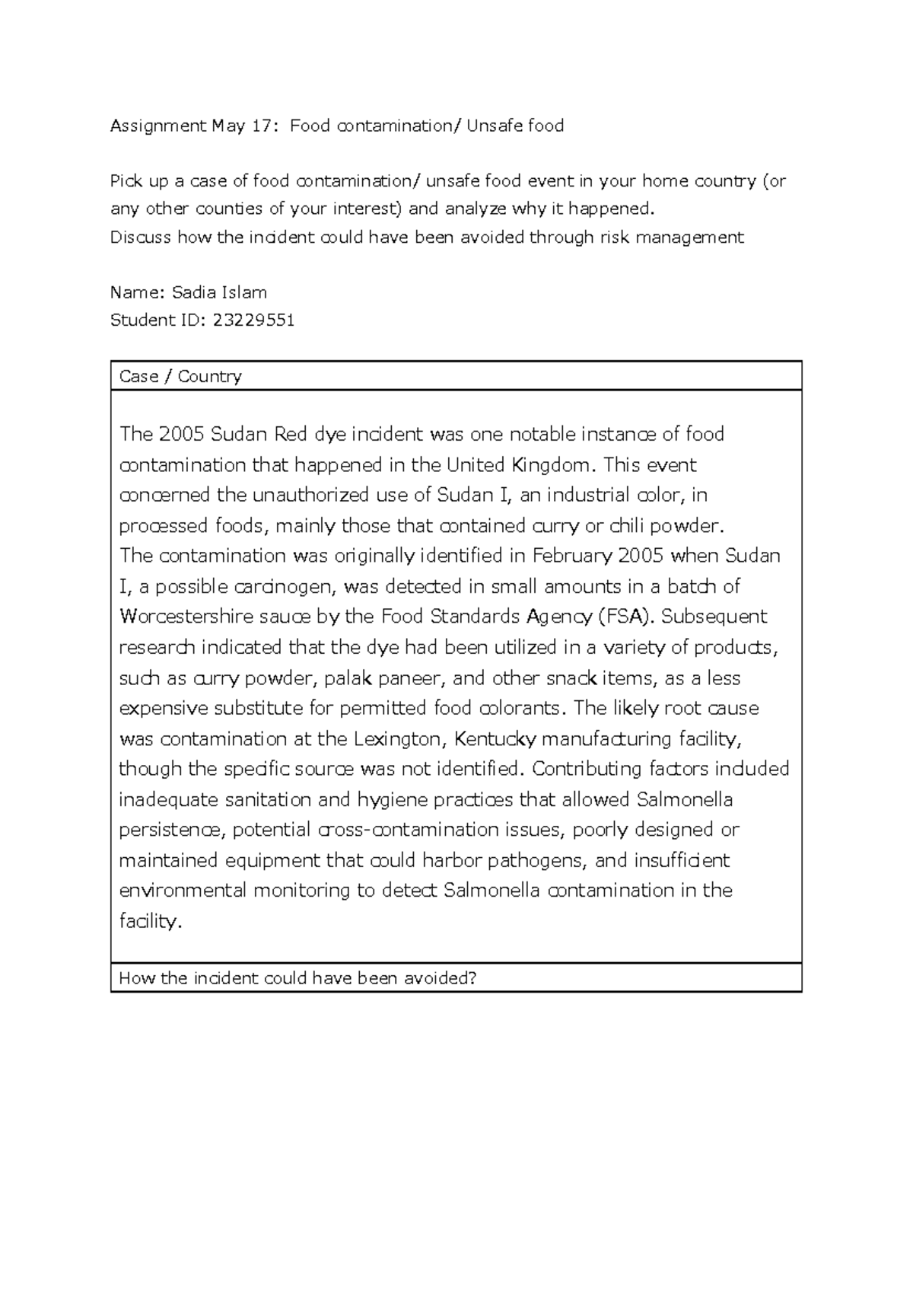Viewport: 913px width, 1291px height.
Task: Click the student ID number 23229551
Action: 253,320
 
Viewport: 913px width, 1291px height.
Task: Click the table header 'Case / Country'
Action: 180,376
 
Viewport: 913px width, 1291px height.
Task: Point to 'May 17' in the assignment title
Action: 227,126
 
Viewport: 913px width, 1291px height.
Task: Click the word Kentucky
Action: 495,738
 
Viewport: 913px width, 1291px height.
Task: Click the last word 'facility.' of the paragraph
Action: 151,921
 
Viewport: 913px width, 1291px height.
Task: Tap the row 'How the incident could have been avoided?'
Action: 297,978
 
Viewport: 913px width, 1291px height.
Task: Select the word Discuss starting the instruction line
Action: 141,237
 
